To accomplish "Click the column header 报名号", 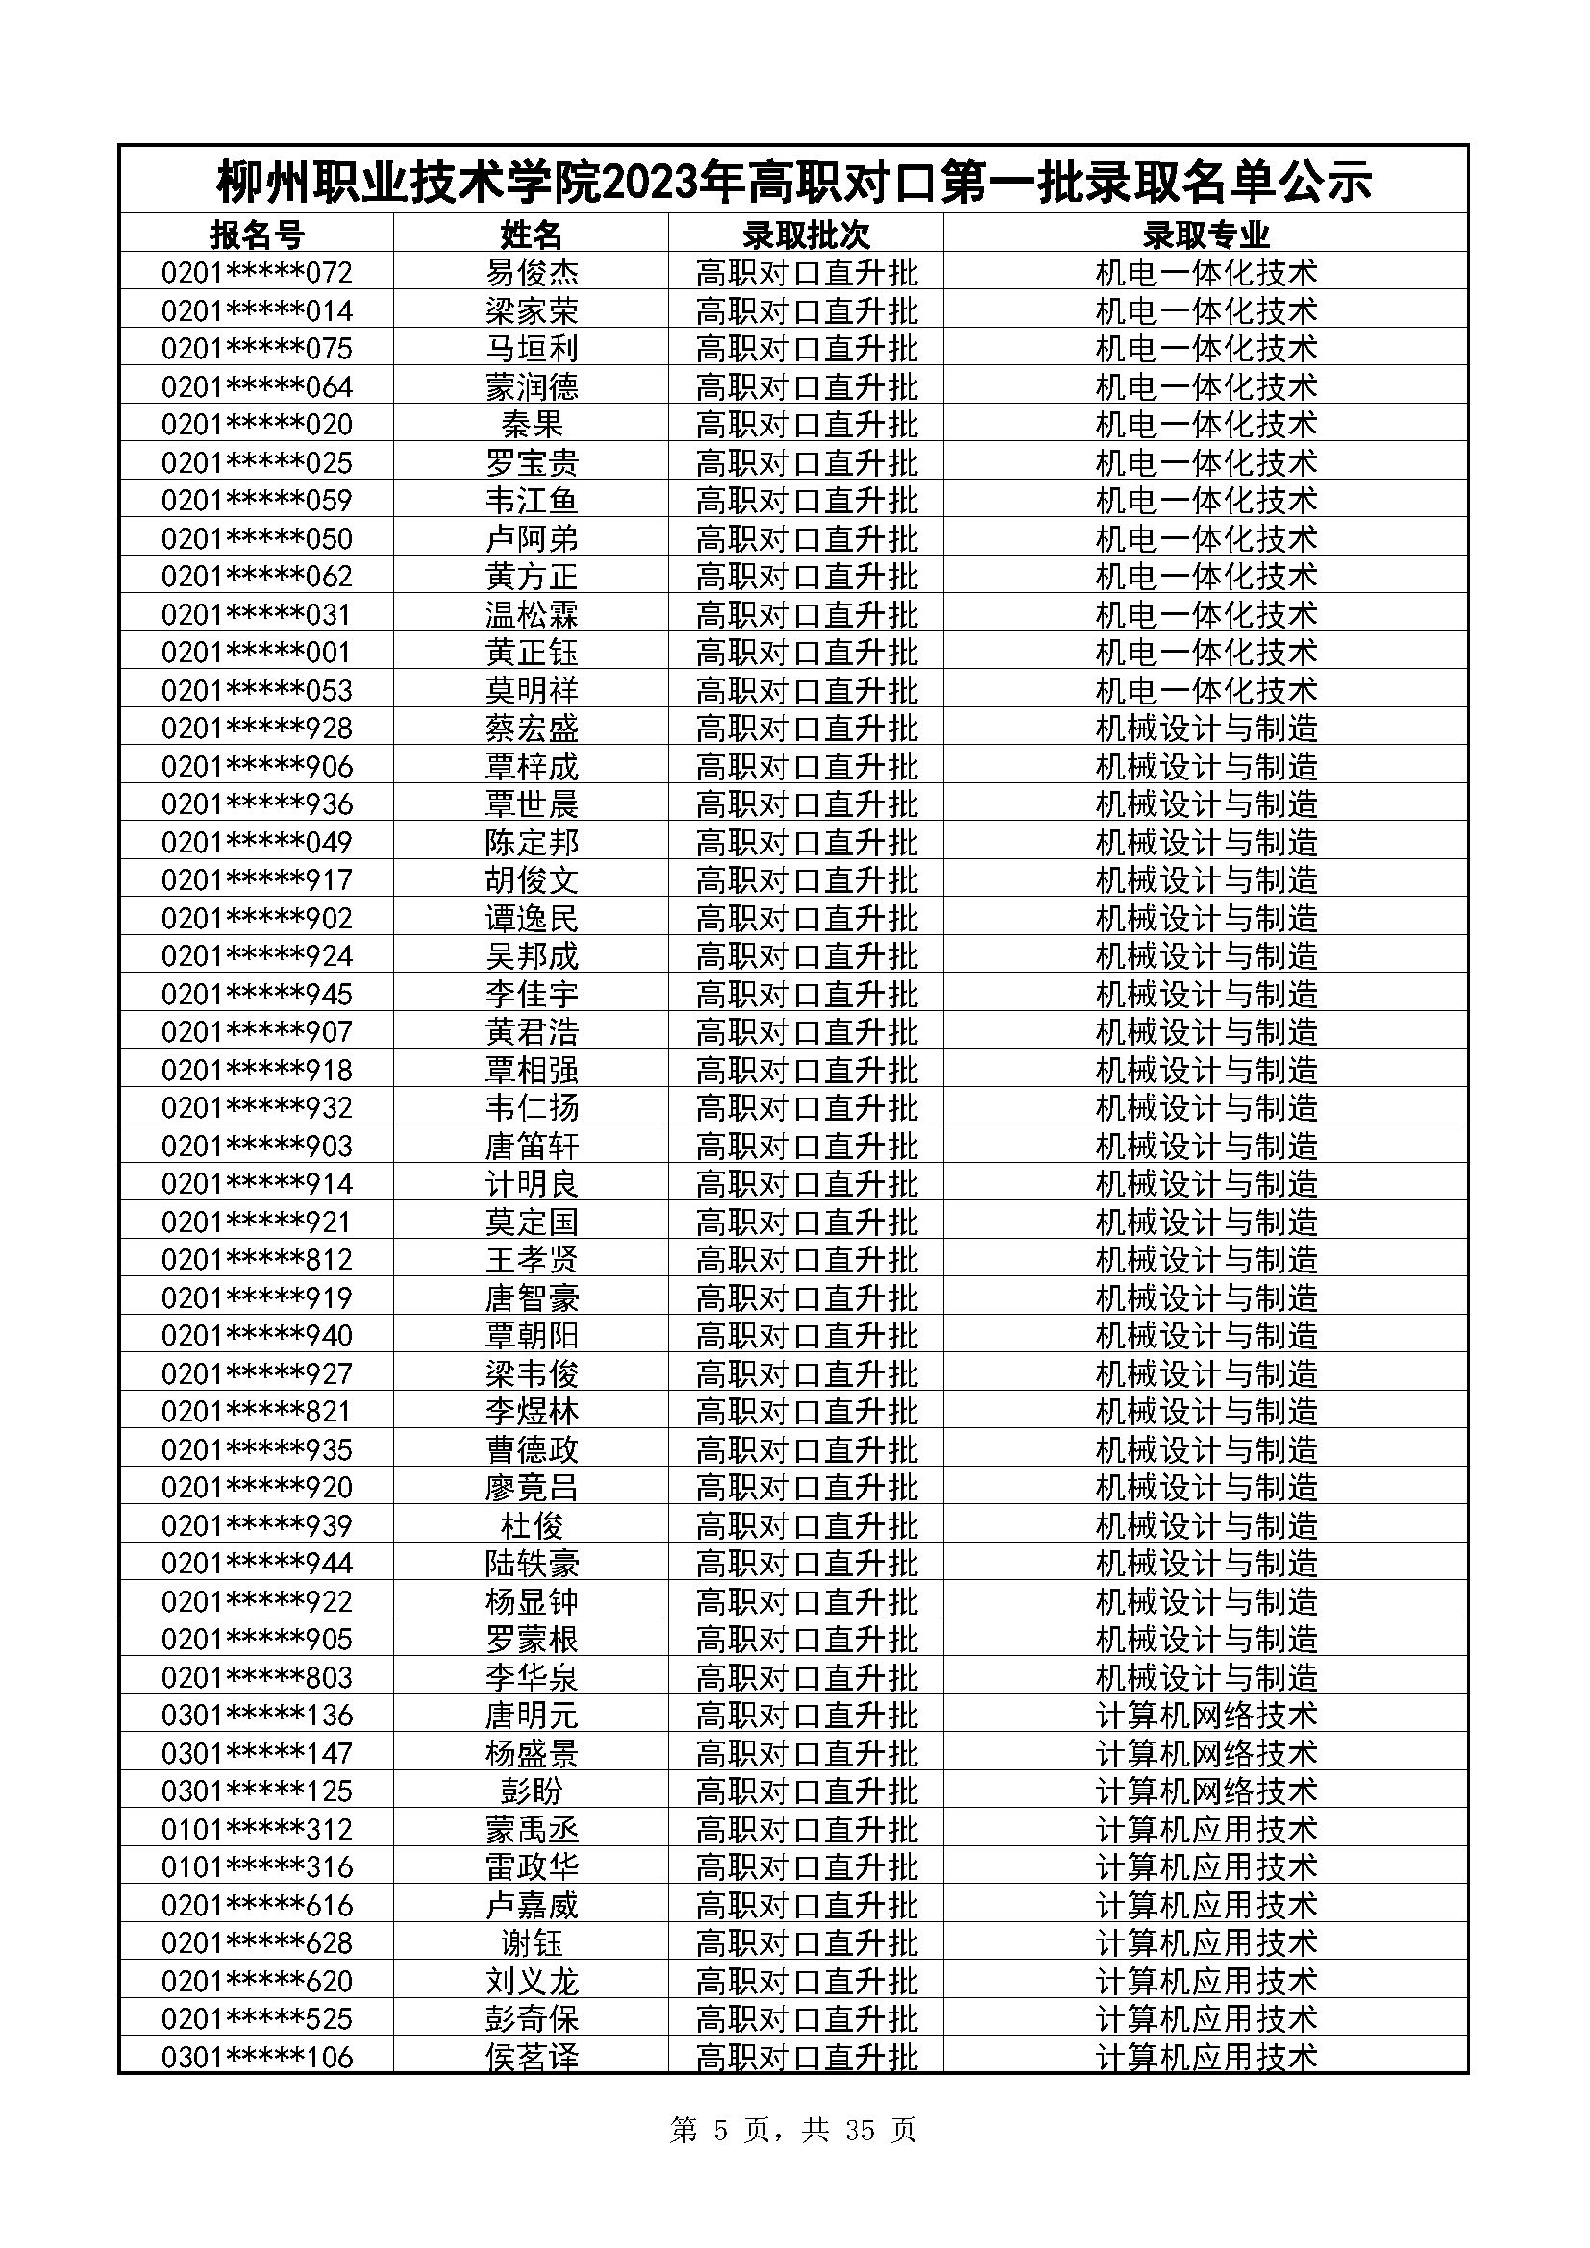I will (x=257, y=235).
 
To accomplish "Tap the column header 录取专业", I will (x=1205, y=235).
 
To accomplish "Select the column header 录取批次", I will (x=806, y=235).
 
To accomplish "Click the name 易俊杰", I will (x=532, y=272).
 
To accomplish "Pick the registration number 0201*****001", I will (x=257, y=652).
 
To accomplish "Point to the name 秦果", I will (x=532, y=425).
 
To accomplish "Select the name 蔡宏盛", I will (x=532, y=729).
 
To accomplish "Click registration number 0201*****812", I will (x=257, y=1259).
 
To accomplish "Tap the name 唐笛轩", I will (x=532, y=1146).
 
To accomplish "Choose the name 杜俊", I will (x=532, y=1525).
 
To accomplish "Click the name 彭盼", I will (x=532, y=1791).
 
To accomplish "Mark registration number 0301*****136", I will (x=257, y=1716).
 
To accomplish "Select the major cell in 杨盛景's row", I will (x=1205, y=1754).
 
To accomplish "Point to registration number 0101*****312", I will (x=257, y=1829).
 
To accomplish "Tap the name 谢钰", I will (x=532, y=1942).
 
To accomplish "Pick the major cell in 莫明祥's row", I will (x=1205, y=690).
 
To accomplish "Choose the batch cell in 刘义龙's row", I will (x=806, y=1982).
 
